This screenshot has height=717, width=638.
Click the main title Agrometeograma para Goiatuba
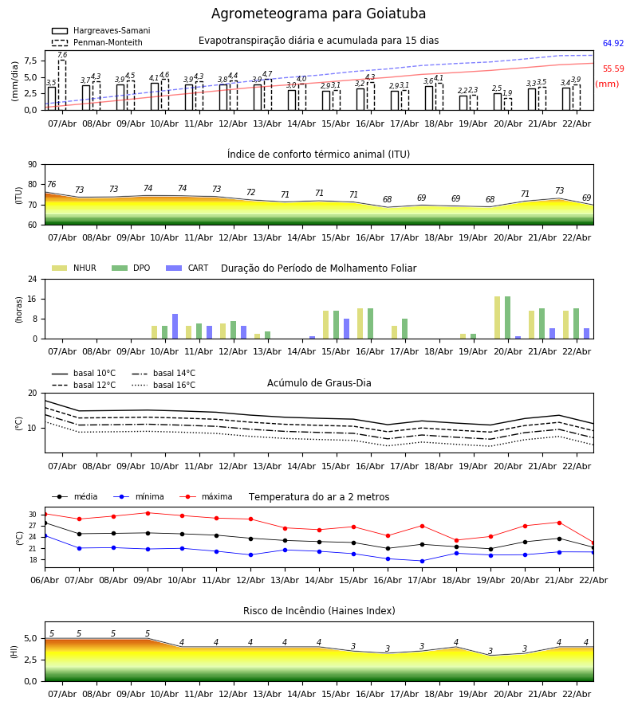318,14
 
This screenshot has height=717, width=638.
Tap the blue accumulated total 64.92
612,44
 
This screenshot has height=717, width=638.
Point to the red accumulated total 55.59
612,69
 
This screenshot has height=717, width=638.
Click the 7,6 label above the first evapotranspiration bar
62,55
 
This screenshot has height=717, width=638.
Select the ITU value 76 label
51,185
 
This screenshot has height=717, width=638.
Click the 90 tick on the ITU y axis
32,165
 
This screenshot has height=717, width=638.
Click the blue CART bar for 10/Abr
175,327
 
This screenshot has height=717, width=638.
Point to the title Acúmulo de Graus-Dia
319,383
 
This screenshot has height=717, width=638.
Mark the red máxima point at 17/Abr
422,526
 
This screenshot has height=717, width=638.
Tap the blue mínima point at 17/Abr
422,561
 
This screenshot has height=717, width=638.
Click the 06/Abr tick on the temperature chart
45,579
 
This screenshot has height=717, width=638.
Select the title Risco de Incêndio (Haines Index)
319,611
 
